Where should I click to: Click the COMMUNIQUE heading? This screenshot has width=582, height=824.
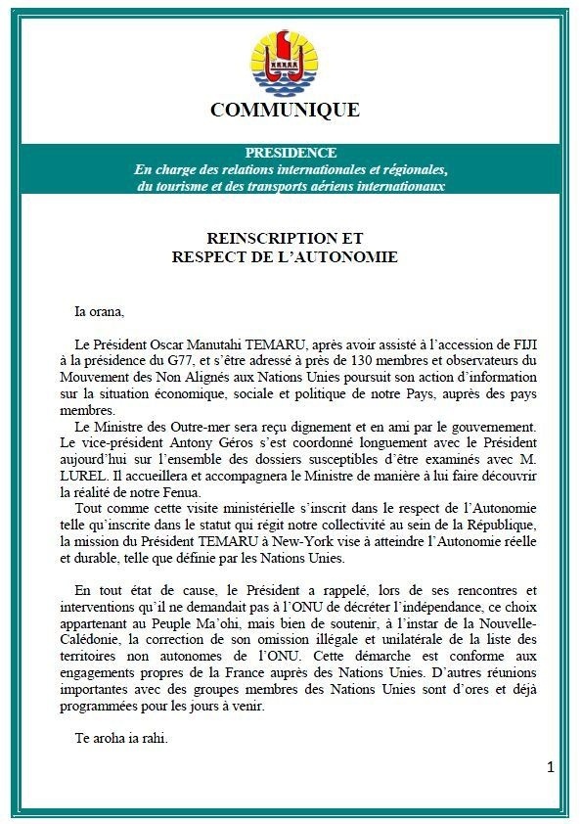pos(285,110)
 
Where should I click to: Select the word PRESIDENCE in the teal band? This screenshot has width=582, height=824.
pos(291,153)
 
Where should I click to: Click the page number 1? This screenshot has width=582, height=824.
pos(550,767)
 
